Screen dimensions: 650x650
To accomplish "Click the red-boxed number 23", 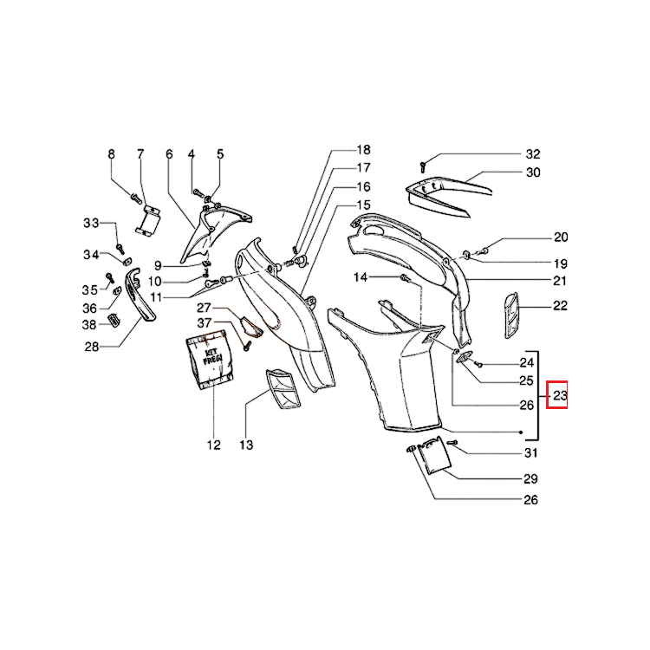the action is tap(560, 395).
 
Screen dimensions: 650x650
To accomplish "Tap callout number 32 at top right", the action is tap(533, 154).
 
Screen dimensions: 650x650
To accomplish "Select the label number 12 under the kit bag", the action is tap(213, 445).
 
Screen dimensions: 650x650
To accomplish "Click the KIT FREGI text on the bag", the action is tap(212, 356).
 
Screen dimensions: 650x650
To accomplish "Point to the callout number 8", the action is tap(111, 154).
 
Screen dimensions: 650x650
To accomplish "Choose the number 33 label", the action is tap(91, 223).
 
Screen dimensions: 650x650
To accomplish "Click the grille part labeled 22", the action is tap(511, 315).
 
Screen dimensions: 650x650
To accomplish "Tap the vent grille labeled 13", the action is tap(283, 389).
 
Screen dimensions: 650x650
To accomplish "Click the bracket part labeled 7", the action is tap(148, 220).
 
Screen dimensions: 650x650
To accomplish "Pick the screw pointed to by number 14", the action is tap(404, 278).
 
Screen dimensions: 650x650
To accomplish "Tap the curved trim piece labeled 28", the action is tap(140, 295).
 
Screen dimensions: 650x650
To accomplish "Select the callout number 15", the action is tap(363, 205).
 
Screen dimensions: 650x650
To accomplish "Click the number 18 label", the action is tap(363, 150).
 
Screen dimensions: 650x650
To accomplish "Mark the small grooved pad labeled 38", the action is tap(114, 320).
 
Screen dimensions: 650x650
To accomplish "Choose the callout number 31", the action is tap(530, 453).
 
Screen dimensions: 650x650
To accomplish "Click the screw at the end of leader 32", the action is tap(423, 167).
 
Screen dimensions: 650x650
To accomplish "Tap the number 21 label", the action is tap(560, 281).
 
